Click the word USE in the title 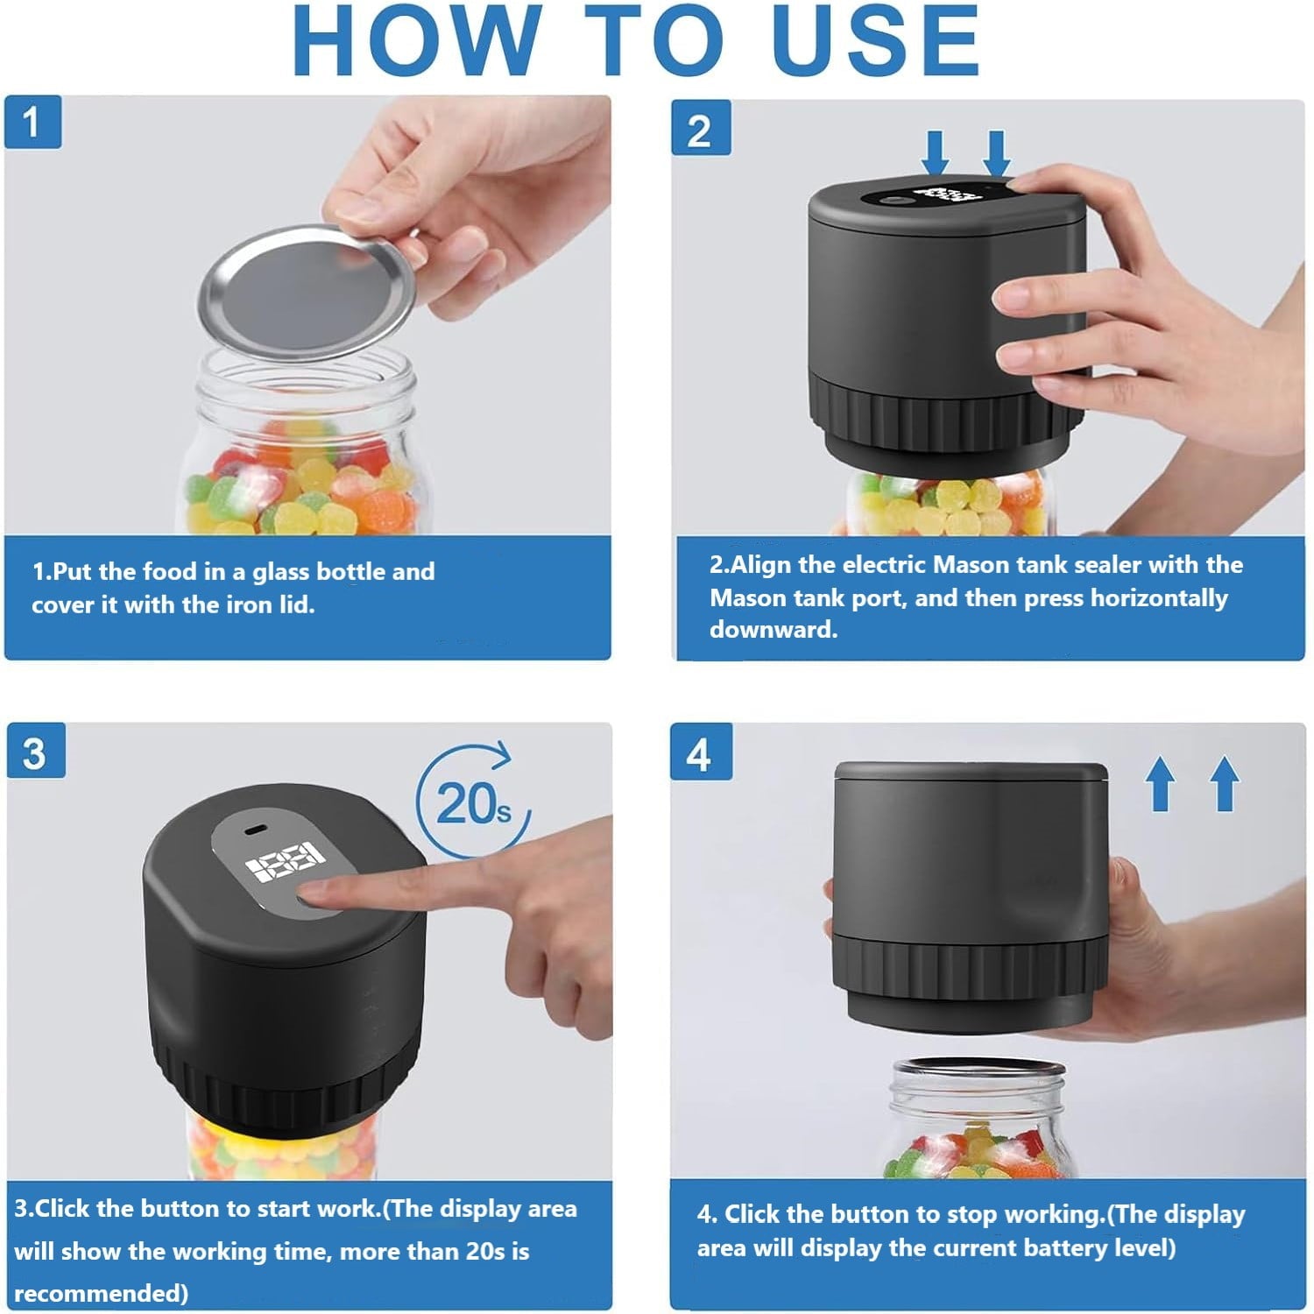point(877,40)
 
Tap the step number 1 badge point(32,122)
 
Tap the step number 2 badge point(700,129)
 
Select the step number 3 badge point(35,751)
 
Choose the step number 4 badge point(699,752)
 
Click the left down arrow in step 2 point(936,153)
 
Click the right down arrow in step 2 point(997,153)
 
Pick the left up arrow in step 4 point(1161,784)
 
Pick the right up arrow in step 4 point(1225,784)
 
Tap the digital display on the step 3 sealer point(286,863)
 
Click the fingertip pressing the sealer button point(317,894)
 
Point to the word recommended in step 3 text point(101,1293)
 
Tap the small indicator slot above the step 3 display point(257,829)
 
